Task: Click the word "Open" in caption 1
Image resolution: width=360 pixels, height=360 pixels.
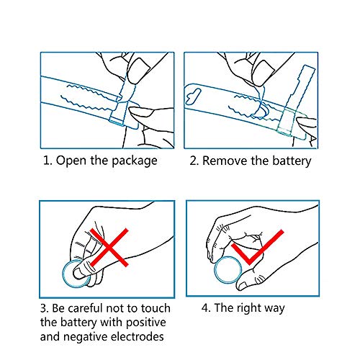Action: [x=71, y=161]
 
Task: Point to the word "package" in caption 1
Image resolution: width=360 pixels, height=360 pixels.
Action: [x=132, y=161]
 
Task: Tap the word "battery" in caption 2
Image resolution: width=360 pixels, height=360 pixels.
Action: [x=288, y=161]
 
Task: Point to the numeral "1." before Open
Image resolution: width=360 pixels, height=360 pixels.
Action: [x=47, y=161]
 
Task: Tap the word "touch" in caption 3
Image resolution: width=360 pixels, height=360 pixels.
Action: [x=155, y=308]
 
